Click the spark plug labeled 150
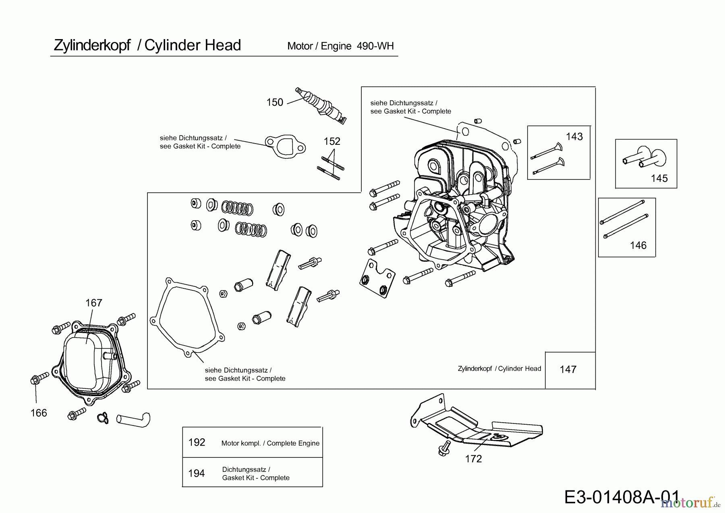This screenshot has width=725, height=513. click(x=321, y=105)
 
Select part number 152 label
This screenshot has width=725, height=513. click(x=332, y=141)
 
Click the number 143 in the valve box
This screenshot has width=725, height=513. click(x=574, y=137)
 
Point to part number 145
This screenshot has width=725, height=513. click(x=659, y=178)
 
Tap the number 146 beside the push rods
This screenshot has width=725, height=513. click(x=638, y=245)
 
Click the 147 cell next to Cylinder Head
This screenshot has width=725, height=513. click(x=568, y=369)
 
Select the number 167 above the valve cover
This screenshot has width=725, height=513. click(x=94, y=303)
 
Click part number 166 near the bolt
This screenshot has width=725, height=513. click(x=39, y=413)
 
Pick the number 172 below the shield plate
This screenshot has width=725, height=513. click(x=473, y=459)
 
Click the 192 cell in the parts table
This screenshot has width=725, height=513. click(x=197, y=442)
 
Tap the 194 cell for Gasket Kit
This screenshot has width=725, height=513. click(x=197, y=473)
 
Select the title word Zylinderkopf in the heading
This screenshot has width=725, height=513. click(x=92, y=45)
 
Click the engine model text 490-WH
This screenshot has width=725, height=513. click(x=375, y=46)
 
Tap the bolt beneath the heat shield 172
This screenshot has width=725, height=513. click(x=444, y=448)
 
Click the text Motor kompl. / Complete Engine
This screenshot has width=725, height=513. click(x=270, y=443)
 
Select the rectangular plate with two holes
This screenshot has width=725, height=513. click(x=376, y=278)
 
